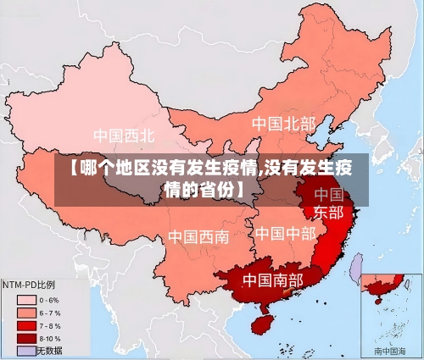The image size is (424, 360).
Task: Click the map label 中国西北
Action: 124,136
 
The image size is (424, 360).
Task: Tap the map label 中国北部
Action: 283,125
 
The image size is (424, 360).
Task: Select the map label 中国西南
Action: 198,236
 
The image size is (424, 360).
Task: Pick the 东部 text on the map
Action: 328,212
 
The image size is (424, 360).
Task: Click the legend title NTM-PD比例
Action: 28,285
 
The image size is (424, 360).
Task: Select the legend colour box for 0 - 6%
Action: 25,299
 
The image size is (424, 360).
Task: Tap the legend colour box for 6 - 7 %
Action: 25,312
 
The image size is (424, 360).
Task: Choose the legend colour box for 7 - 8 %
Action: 25,324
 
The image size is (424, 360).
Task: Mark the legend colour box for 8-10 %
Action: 25,337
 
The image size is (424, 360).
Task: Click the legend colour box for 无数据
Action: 25,350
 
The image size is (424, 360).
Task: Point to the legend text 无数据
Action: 49,350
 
